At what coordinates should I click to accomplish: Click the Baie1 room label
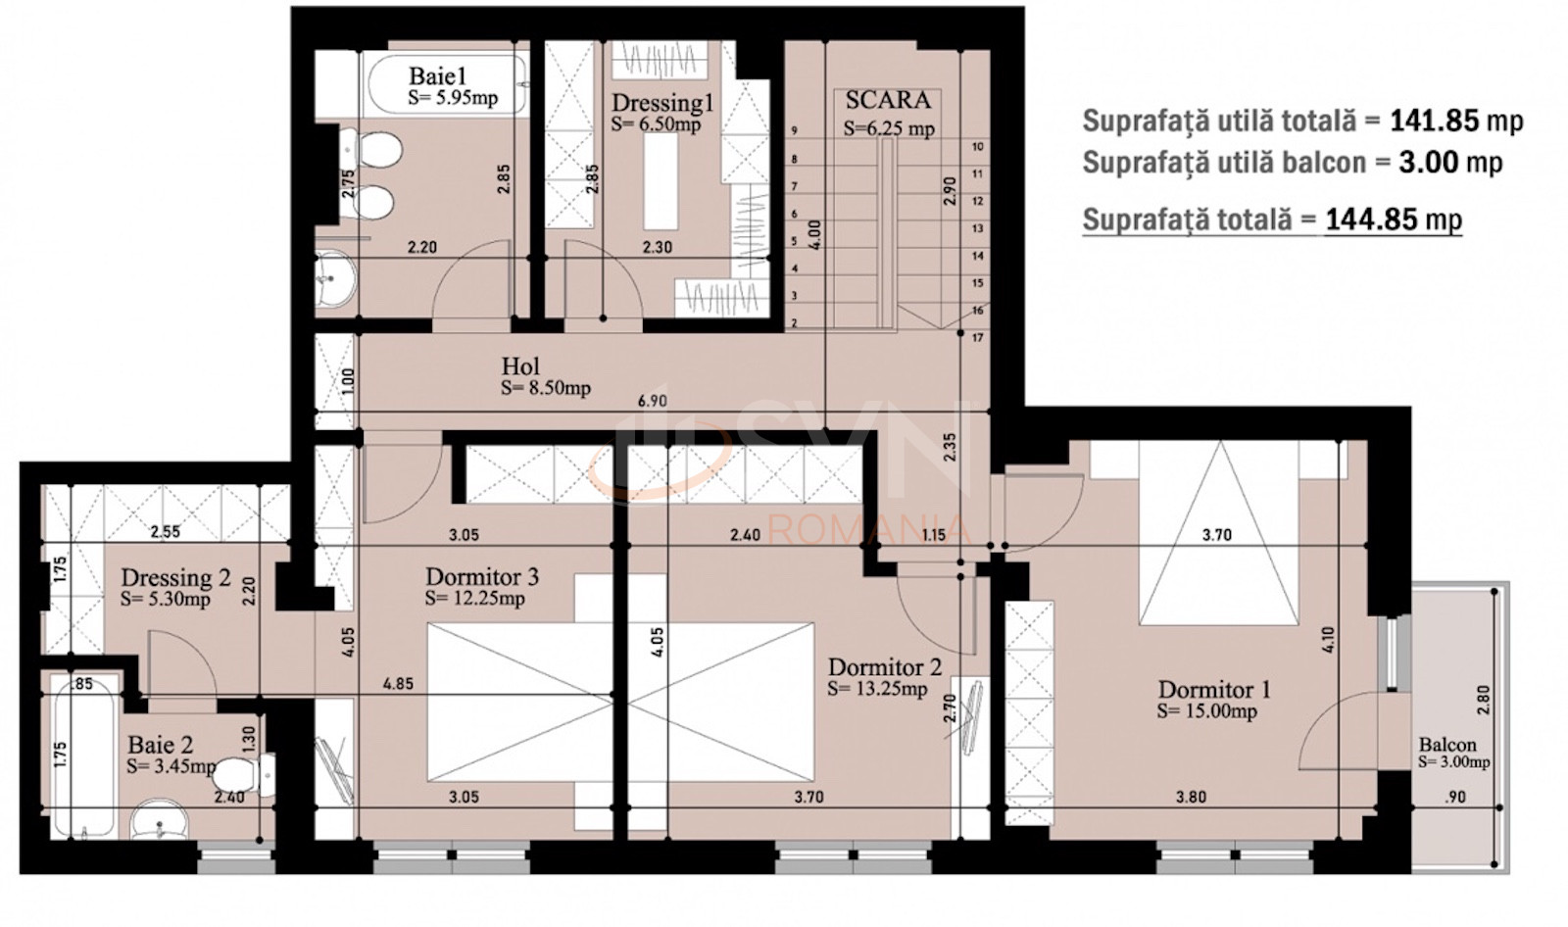tap(437, 75)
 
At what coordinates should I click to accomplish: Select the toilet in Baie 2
tap(240, 773)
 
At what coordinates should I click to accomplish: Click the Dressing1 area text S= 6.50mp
tap(656, 124)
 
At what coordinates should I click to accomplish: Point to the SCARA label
tap(888, 100)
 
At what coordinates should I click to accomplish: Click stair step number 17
tap(978, 338)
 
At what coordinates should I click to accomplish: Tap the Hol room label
tap(520, 366)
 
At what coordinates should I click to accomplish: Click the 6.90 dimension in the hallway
tap(653, 401)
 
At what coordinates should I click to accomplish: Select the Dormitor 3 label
tap(481, 576)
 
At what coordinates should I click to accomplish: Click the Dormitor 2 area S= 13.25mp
tap(877, 689)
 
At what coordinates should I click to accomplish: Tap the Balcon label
tap(1446, 745)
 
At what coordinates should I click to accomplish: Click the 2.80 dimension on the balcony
tap(1482, 699)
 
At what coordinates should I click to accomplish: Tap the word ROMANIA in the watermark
tap(869, 530)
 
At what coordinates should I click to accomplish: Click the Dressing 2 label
tap(175, 578)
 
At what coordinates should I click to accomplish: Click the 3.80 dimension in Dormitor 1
tap(1191, 797)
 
